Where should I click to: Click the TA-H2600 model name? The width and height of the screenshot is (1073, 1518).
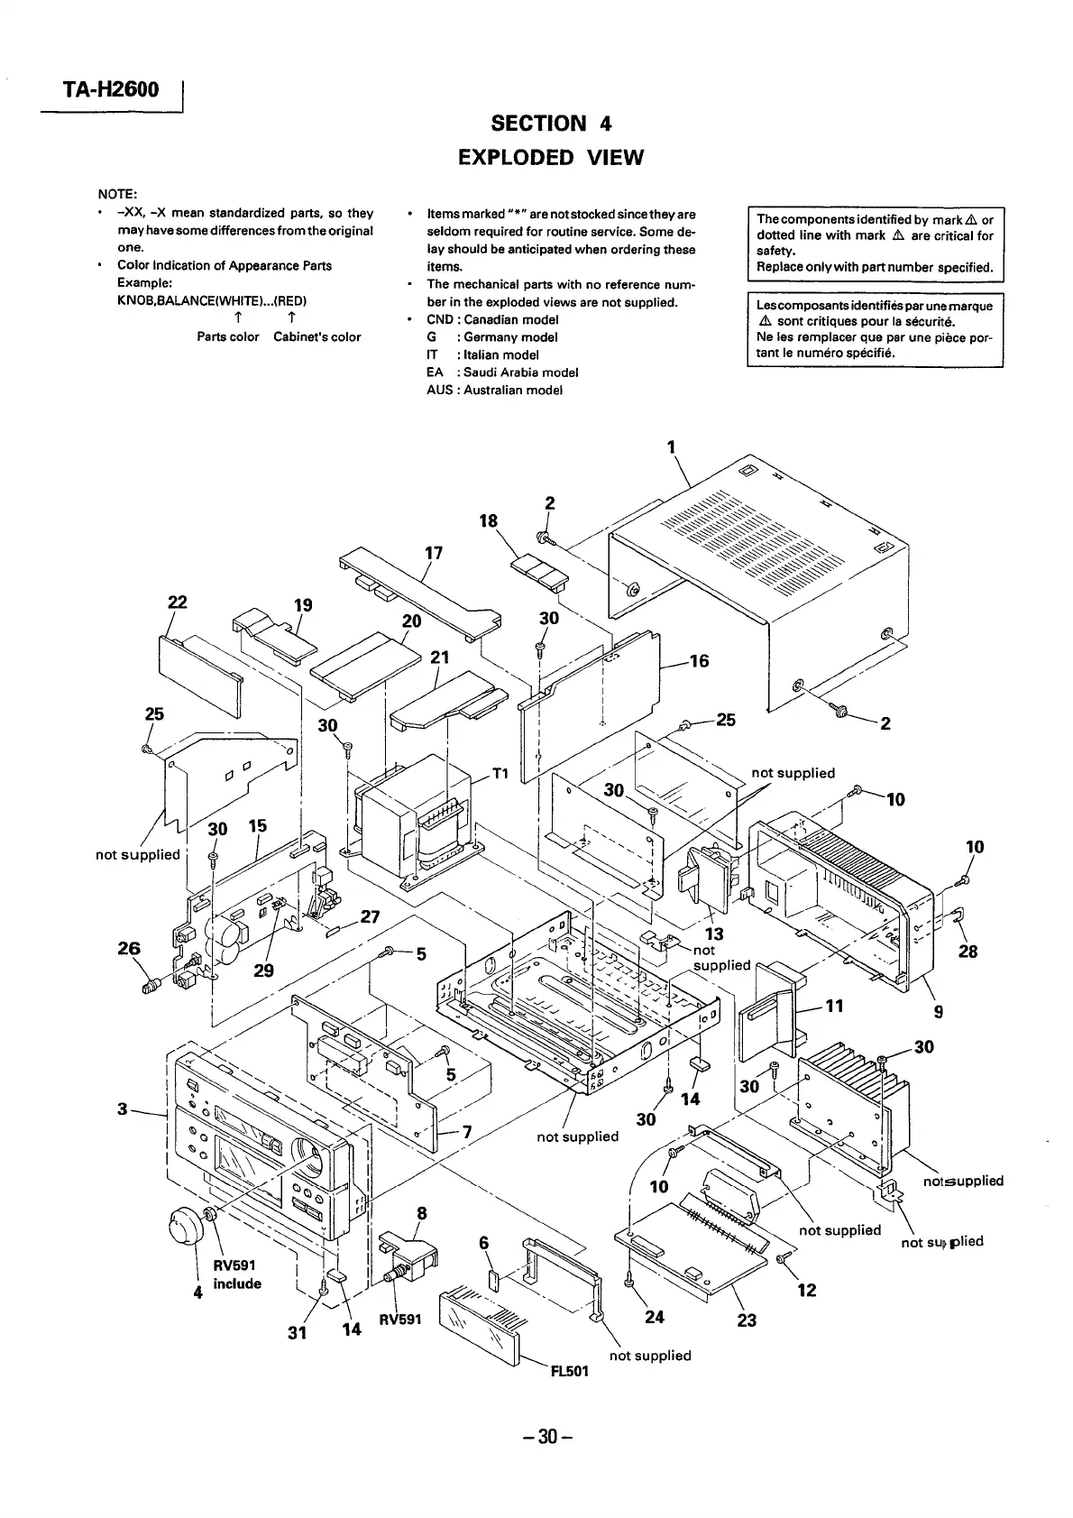coord(111,89)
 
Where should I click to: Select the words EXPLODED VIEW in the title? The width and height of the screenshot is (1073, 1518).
coord(551,158)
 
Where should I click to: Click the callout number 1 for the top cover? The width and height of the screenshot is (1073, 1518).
coord(671,446)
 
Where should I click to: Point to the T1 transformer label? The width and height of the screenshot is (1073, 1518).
coord(500,774)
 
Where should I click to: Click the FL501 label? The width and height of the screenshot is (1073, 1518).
coord(569,1371)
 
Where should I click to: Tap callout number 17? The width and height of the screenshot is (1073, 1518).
coord(434,552)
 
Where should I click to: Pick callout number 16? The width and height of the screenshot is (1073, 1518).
coord(699,661)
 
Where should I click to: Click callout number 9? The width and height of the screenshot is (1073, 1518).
coord(939,1012)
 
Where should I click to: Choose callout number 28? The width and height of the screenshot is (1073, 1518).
coord(968,951)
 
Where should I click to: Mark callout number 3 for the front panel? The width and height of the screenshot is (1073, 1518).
coord(123,1109)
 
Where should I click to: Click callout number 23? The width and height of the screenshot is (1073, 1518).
coord(747,1320)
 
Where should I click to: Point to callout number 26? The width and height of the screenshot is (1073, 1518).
coord(129,947)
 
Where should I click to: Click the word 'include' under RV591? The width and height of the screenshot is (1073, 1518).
coord(237,1283)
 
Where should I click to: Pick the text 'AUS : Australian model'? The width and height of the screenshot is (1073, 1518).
coord(494,391)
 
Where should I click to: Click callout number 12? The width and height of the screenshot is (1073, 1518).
coord(807,1290)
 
